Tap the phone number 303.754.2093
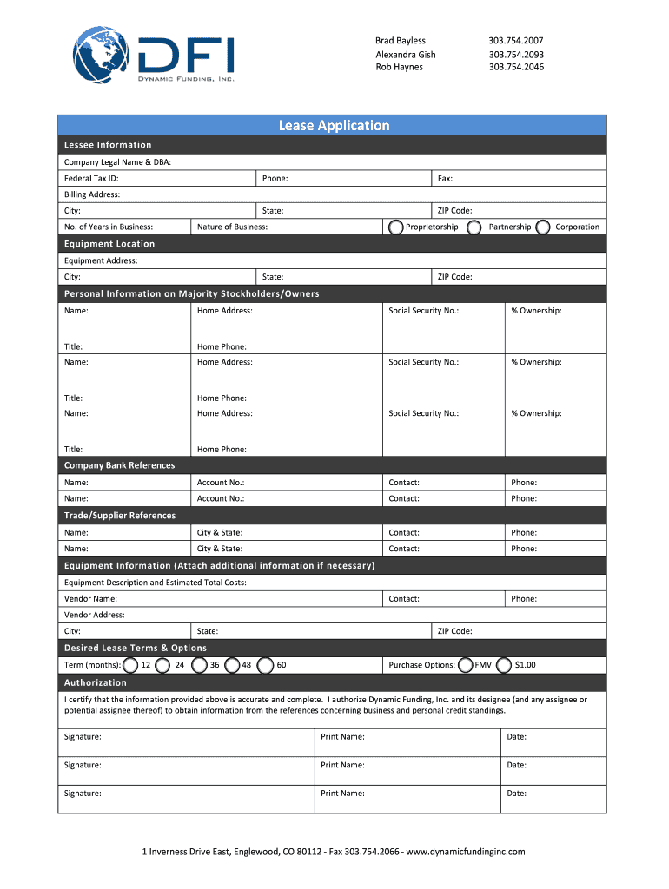click(516, 54)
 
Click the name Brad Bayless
click(401, 41)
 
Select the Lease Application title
click(334, 126)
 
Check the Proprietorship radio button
click(396, 227)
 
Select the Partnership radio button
click(474, 227)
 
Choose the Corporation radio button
click(543, 227)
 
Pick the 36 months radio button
click(199, 665)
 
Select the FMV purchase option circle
click(466, 665)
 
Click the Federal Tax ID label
click(91, 178)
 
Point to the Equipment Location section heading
click(109, 244)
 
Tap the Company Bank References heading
click(119, 465)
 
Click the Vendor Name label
click(90, 598)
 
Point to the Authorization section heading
click(96, 682)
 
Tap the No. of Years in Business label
click(109, 227)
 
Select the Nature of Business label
click(232, 227)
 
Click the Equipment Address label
click(101, 260)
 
